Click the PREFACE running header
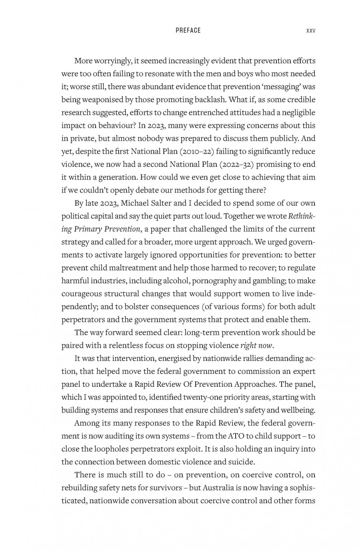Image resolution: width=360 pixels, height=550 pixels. tap(188, 30)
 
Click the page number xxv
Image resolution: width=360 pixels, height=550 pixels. tap(310, 30)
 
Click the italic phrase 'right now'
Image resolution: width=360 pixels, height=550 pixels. tap(256, 346)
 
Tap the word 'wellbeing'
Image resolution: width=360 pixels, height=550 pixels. tap(298, 410)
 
